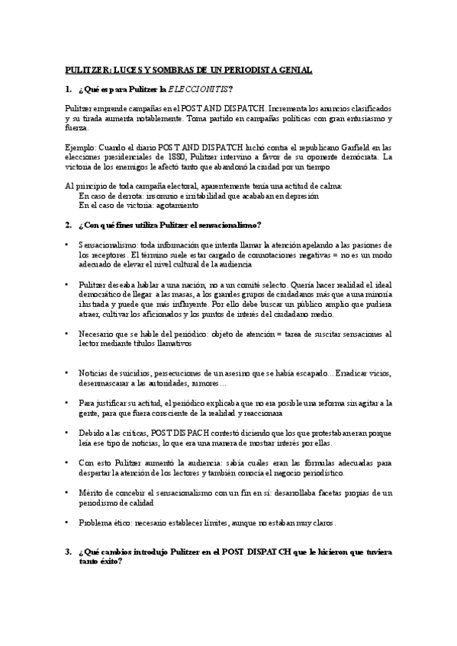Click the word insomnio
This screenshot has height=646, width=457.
pyautogui.click(x=148, y=196)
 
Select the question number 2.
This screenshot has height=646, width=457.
pyautogui.click(x=68, y=225)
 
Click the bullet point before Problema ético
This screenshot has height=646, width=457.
pyautogui.click(x=69, y=523)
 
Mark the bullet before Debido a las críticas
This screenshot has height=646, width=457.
pyautogui.click(x=69, y=433)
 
